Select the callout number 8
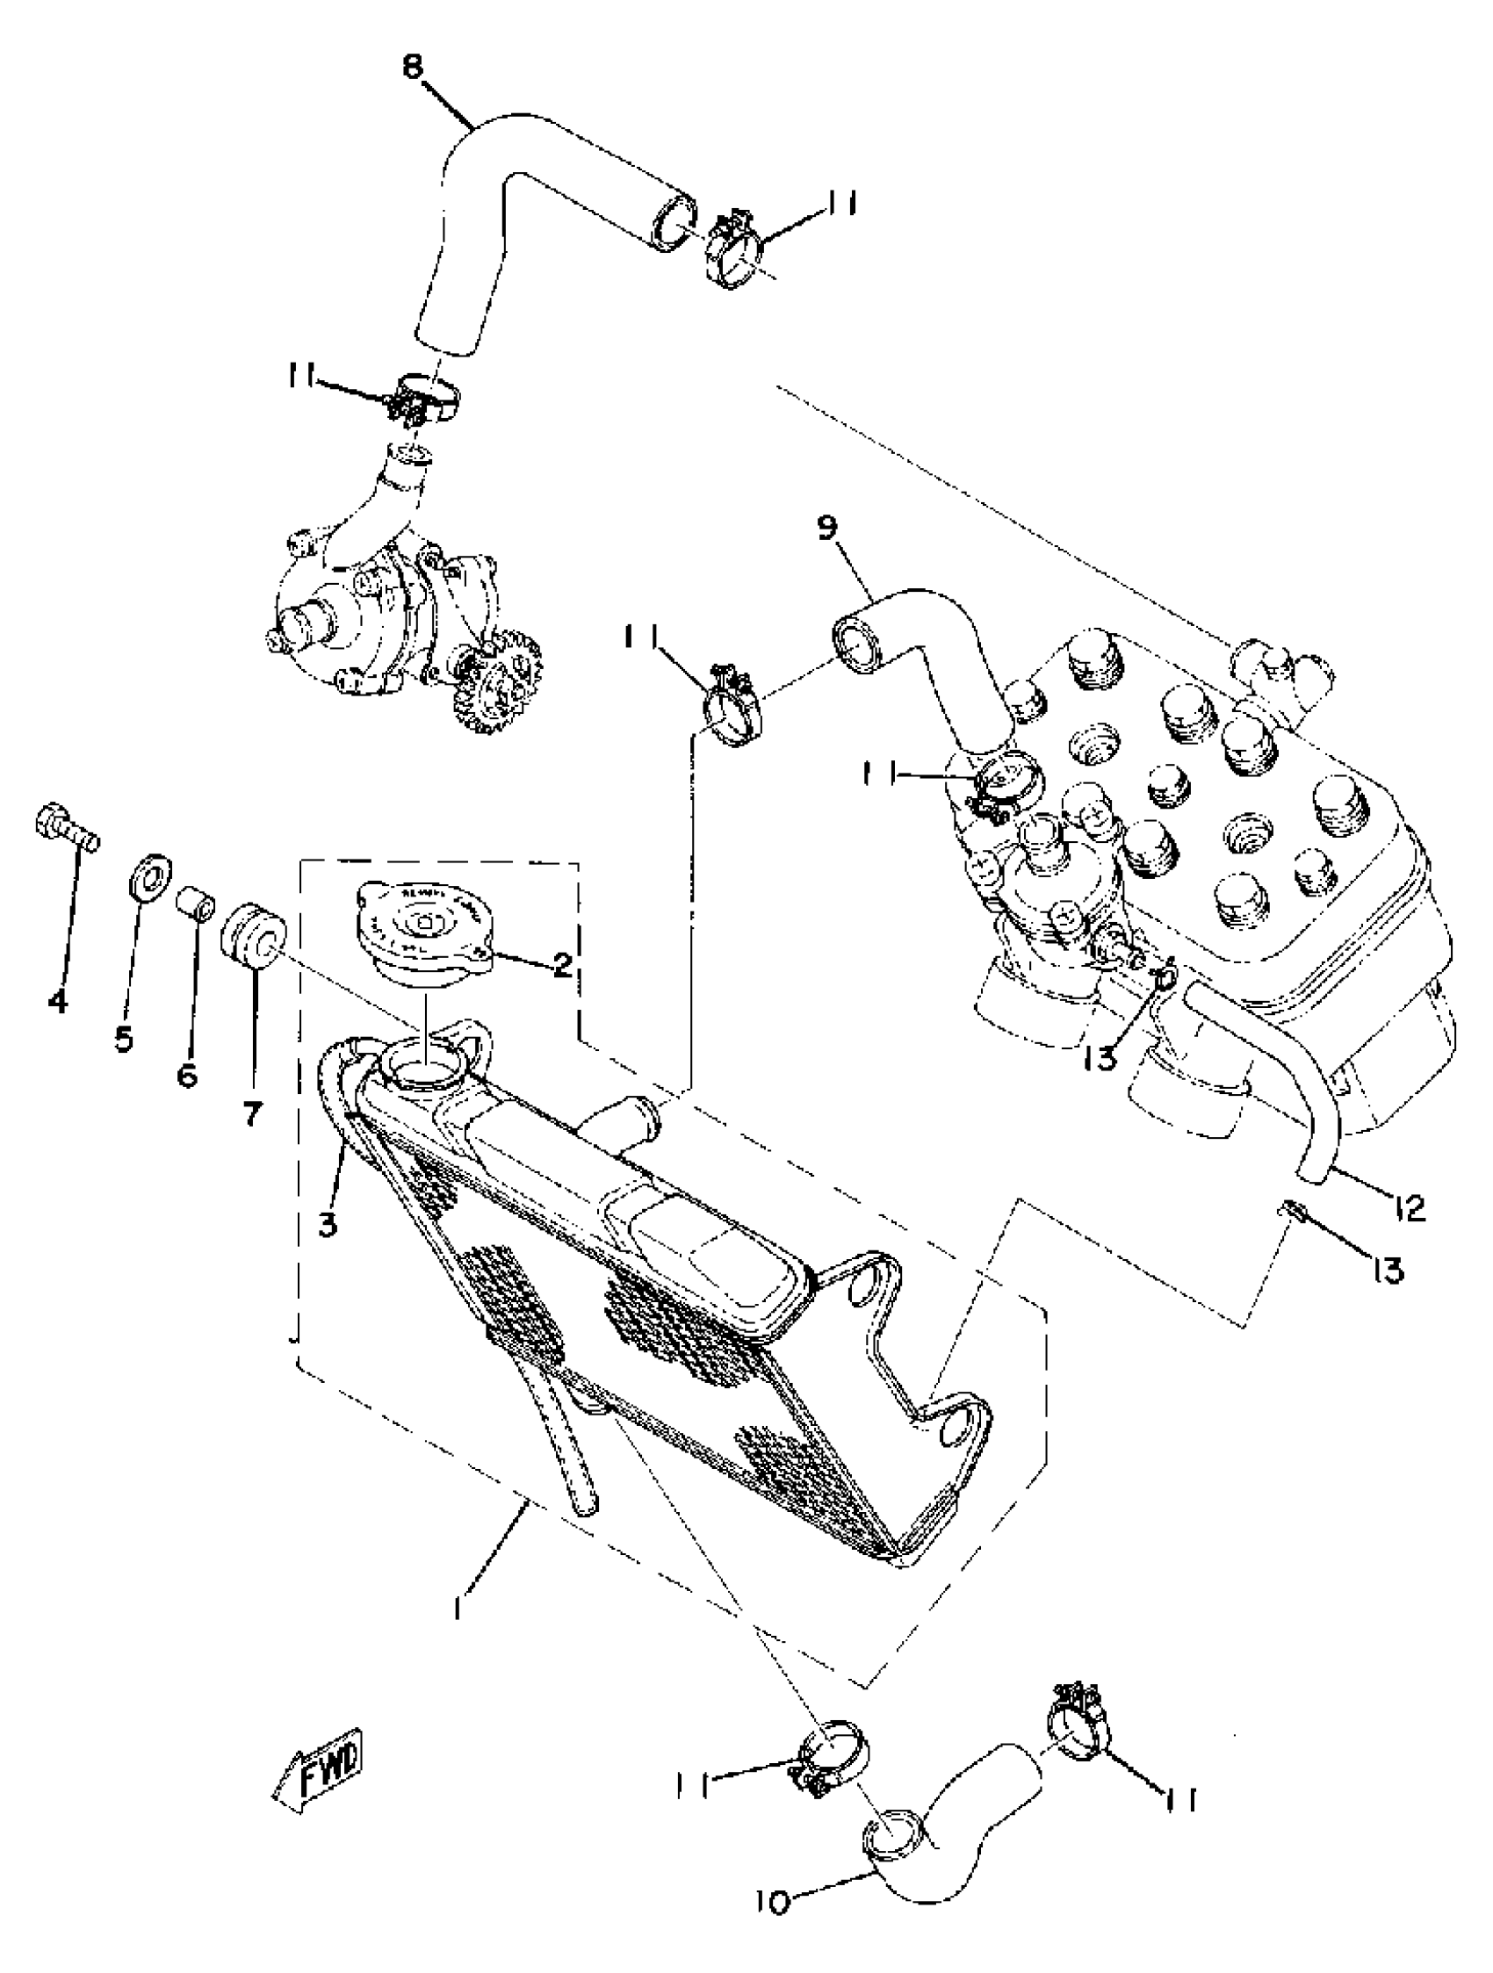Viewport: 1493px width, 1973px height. coord(413,68)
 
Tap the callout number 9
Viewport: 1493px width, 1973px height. coord(826,529)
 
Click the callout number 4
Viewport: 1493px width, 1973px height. coord(58,1001)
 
